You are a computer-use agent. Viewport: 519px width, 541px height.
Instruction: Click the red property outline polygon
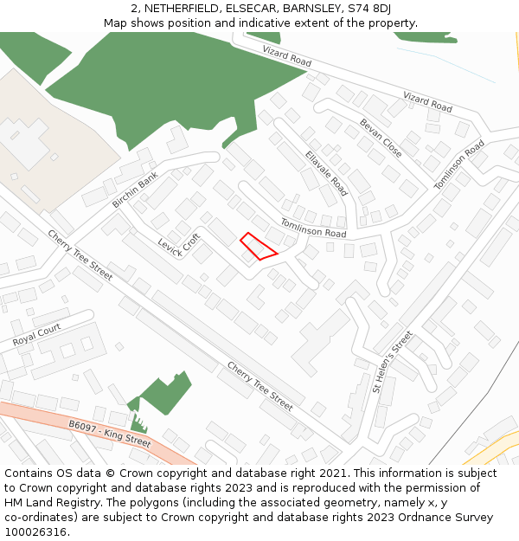pos(258,247)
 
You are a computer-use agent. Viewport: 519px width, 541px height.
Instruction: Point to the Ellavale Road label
pos(326,173)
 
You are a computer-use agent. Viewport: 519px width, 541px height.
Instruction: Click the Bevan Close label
pos(381,138)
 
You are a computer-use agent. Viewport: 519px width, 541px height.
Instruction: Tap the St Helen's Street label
pos(393,362)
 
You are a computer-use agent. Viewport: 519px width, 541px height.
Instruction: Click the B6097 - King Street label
pos(109,434)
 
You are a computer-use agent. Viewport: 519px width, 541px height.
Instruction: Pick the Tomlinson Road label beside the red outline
pos(312,229)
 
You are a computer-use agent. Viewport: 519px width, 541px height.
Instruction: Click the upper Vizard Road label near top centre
pos(286,58)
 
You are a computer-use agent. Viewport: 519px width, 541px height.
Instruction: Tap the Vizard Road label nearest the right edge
pos(427,103)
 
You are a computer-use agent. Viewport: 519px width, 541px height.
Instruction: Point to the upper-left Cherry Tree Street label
pos(80,254)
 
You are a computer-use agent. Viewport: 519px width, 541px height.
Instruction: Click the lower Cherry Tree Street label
pos(259,385)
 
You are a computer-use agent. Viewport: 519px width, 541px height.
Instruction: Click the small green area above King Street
pos(163,395)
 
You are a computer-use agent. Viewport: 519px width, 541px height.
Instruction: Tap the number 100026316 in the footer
pos(36,532)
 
